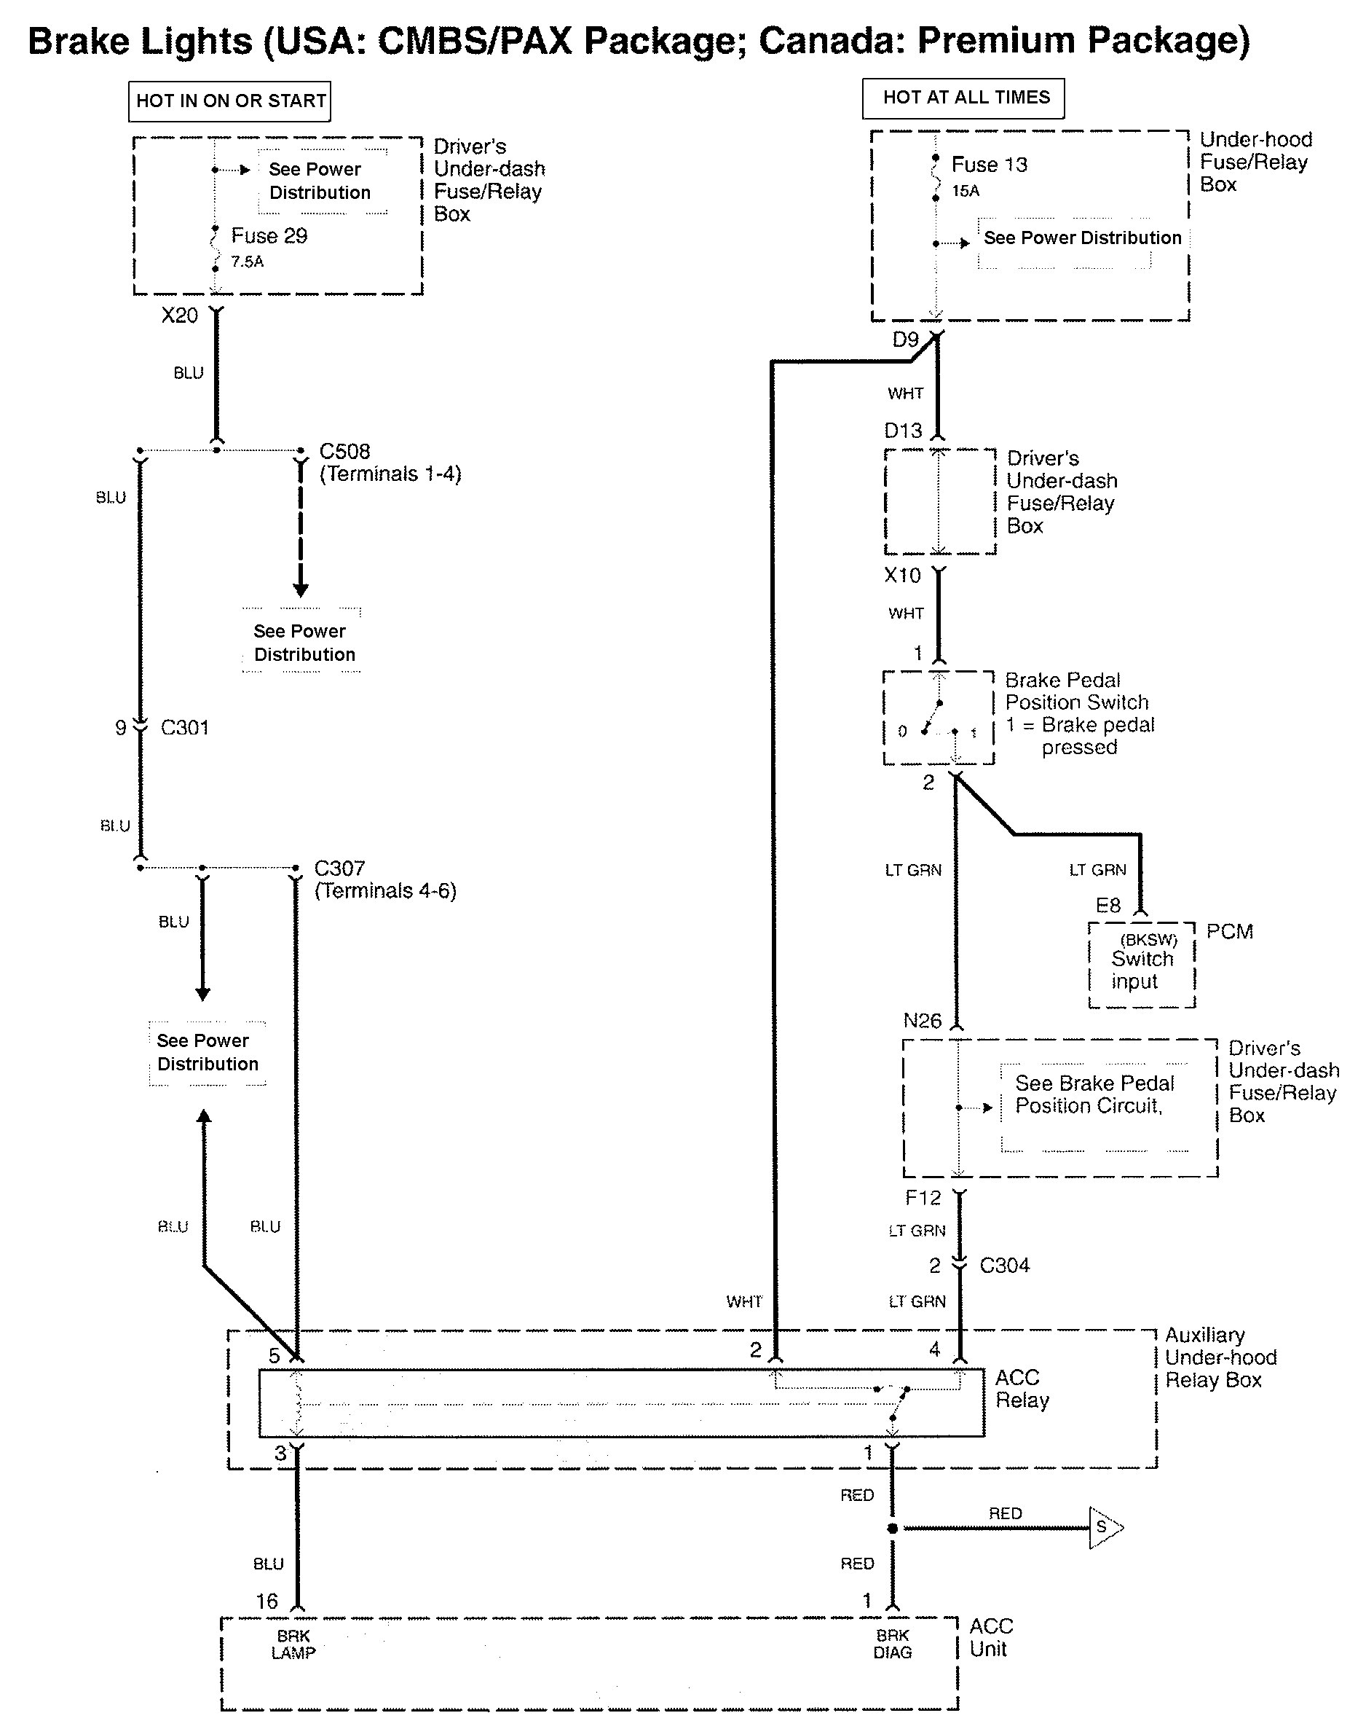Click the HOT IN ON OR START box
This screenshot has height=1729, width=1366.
pos(230,101)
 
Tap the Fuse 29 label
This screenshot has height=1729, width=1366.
pos(269,236)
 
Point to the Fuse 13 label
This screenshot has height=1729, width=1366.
pos(990,165)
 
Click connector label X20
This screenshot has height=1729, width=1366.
pos(179,315)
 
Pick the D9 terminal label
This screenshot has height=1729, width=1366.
pos(905,340)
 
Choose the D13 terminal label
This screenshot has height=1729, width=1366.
pos(903,431)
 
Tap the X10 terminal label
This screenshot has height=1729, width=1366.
pos(902,576)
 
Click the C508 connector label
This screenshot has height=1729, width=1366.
pos(344,451)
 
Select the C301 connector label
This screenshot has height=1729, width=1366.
pos(185,727)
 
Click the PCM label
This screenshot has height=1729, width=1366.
pos(1229,931)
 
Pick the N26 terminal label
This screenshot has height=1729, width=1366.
pos(922,1021)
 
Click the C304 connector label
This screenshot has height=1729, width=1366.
pos(1005,1265)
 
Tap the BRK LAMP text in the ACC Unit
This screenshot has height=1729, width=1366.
pos(293,1645)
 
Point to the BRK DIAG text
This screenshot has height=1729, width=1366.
pos(893,1644)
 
